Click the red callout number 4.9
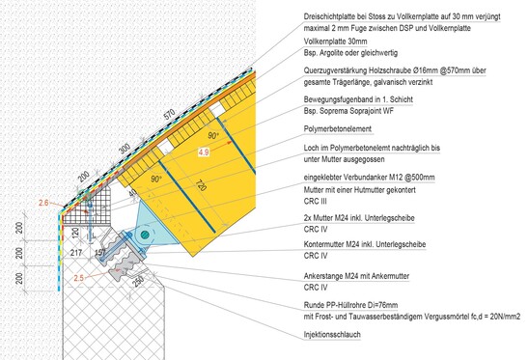click(204, 152)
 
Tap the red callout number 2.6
click(43, 203)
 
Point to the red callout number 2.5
click(79, 278)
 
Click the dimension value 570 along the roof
click(169, 115)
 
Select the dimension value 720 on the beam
click(201, 185)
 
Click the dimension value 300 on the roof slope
click(125, 149)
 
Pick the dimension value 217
click(75, 252)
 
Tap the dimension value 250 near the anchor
click(138, 281)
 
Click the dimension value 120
click(75, 232)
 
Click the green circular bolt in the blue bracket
click(145, 235)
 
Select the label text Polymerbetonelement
click(338, 129)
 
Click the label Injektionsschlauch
click(332, 334)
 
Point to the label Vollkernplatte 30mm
click(335, 42)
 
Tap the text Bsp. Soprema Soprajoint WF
click(348, 111)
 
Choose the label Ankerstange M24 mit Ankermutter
click(356, 276)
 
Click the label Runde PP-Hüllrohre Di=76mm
click(350, 305)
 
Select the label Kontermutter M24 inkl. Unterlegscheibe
click(365, 244)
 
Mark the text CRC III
click(316, 202)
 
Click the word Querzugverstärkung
click(335, 70)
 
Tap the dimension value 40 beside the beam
click(133, 194)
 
